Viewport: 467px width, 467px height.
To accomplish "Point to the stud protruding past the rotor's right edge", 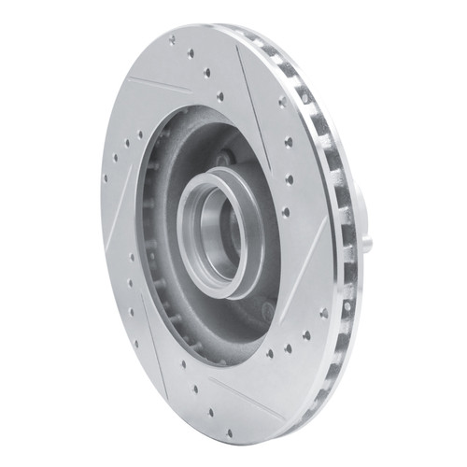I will point(367,245).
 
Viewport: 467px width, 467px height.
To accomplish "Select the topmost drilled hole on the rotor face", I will point(172,40).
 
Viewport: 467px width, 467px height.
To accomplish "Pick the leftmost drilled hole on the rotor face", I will point(106,178).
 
